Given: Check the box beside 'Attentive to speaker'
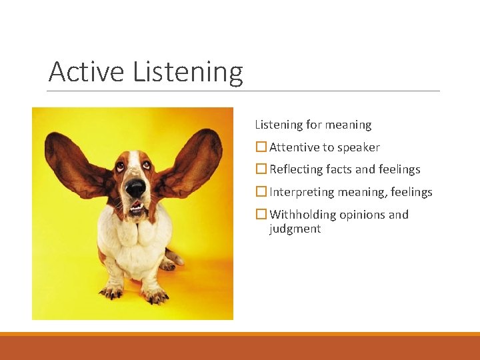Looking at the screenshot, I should click(x=261, y=147).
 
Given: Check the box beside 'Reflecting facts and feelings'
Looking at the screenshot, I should click(x=261, y=169).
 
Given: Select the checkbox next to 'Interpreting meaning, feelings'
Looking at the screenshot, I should click(x=261, y=192).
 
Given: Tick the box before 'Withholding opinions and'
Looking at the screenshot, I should click(x=261, y=215).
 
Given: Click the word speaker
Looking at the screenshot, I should click(x=358, y=148).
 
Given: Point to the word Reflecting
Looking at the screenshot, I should click(x=297, y=170).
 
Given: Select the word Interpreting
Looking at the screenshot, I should click(x=301, y=193).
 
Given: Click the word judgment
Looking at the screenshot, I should click(x=295, y=229).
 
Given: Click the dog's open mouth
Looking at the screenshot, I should click(x=136, y=208).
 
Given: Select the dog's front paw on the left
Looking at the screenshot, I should click(x=112, y=291).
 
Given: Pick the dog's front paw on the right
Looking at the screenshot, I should click(x=155, y=293).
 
